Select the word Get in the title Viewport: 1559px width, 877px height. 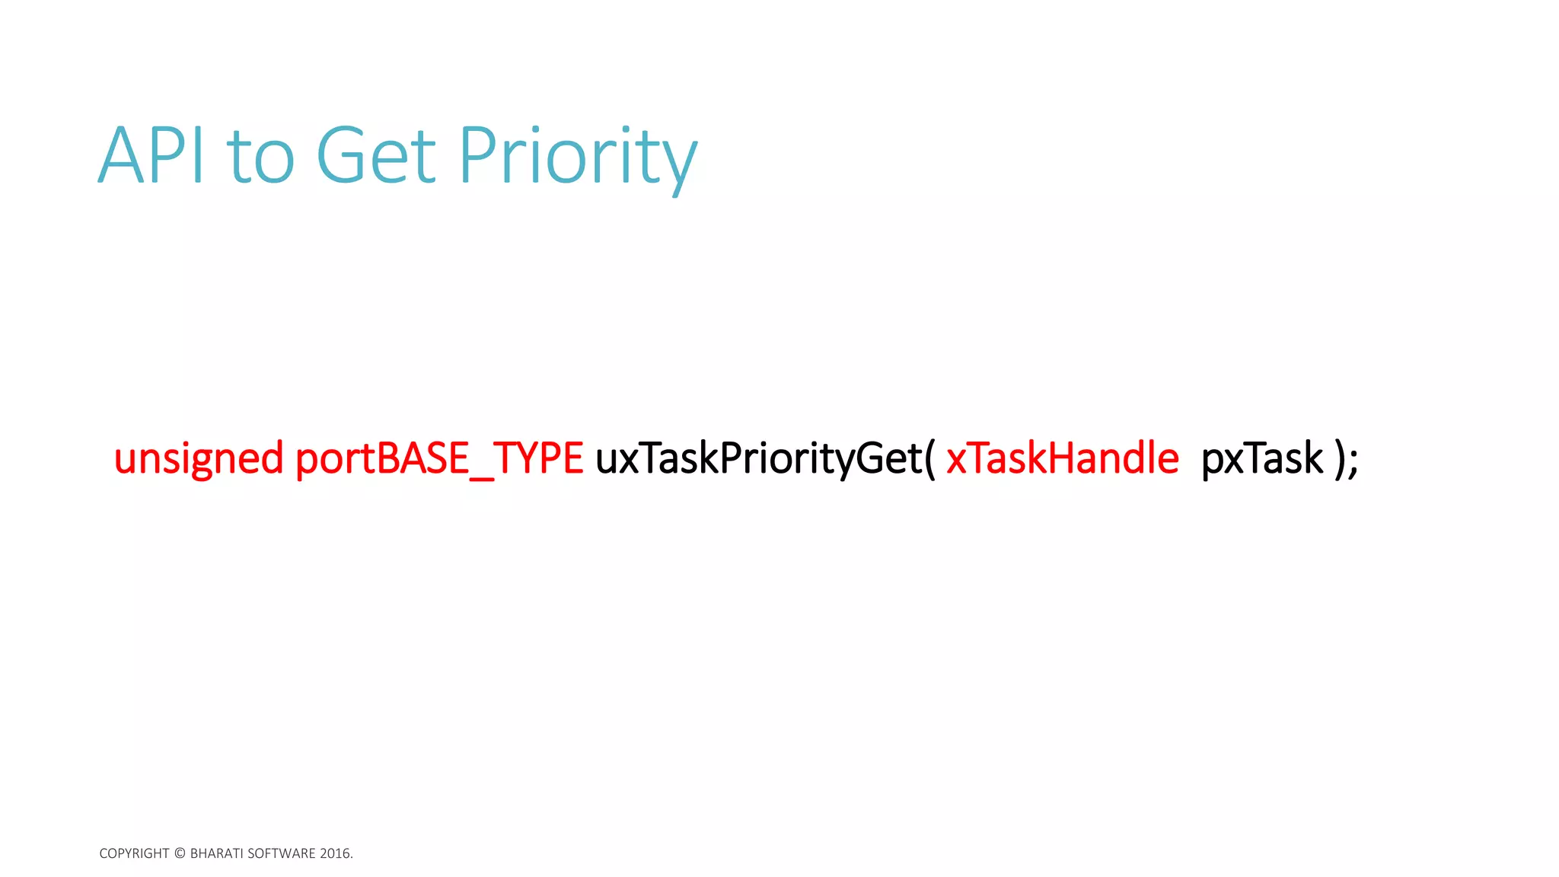[376, 156]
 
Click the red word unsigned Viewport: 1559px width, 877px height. [199, 459]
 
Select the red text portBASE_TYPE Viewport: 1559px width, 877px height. [438, 459]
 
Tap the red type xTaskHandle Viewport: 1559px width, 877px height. [1062, 459]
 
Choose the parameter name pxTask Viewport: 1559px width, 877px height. [1262, 459]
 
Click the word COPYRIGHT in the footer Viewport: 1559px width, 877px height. [134, 853]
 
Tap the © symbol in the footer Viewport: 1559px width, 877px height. [180, 853]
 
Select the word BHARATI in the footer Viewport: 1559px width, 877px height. [216, 853]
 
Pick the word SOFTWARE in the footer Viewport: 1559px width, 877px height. [281, 853]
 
